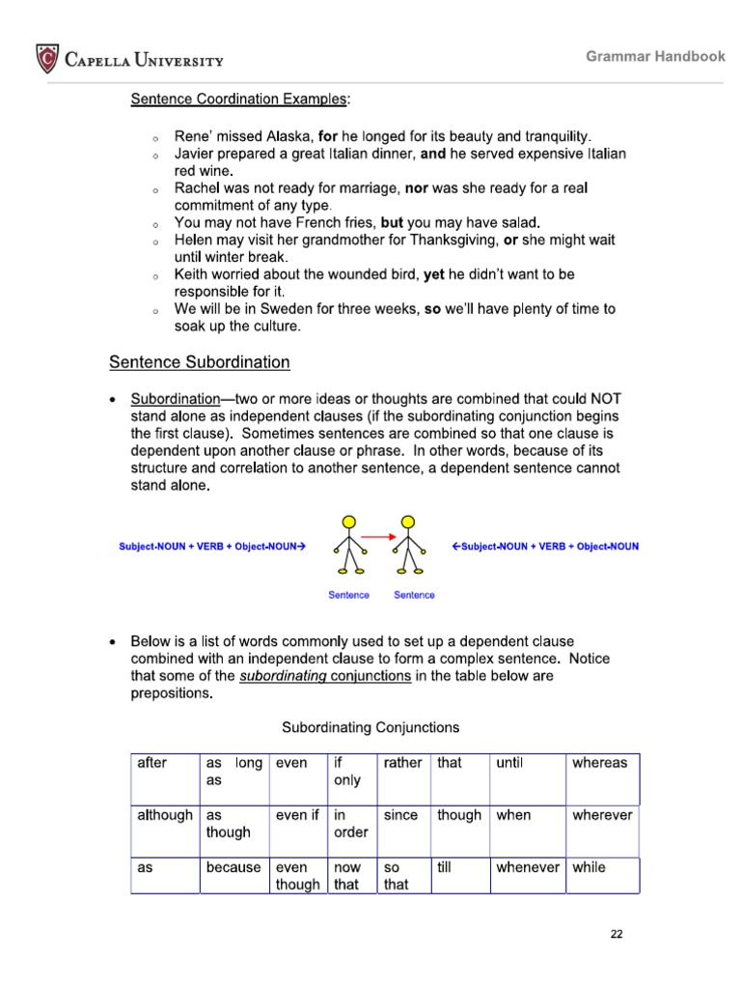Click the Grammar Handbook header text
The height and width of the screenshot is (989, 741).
pyautogui.click(x=655, y=56)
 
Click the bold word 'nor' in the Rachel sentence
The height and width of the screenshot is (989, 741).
pyautogui.click(x=417, y=187)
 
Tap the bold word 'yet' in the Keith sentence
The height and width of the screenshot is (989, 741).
pyautogui.click(x=434, y=274)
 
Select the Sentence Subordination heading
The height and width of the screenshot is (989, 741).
pyautogui.click(x=199, y=362)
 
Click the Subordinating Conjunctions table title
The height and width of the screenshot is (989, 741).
pyautogui.click(x=370, y=727)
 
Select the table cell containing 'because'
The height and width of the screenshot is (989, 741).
pyautogui.click(x=233, y=875)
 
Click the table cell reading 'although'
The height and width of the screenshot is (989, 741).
pyautogui.click(x=165, y=823)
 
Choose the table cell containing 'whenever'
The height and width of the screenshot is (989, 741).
pyautogui.click(x=527, y=875)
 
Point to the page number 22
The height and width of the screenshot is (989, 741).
pyautogui.click(x=617, y=934)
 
